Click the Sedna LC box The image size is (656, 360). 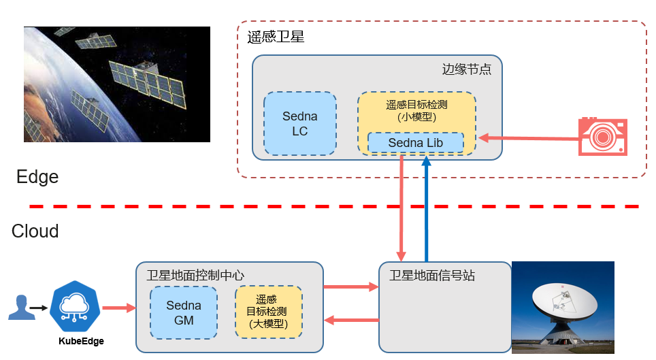pos(299,124)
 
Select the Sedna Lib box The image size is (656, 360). pos(415,143)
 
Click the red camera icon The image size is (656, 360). pos(602,136)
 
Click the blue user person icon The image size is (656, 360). pos(20,308)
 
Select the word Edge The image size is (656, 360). pos(37,178)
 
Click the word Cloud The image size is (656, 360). pos(35,231)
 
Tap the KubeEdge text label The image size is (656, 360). pos(81,341)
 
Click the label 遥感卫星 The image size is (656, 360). pos(276,37)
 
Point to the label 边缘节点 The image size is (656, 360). pos(466,69)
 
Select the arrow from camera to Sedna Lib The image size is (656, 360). pos(527,139)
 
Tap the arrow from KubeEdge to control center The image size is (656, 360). pos(118,308)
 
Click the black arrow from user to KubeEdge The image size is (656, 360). pos(39,308)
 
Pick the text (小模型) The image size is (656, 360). pos(416,117)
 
